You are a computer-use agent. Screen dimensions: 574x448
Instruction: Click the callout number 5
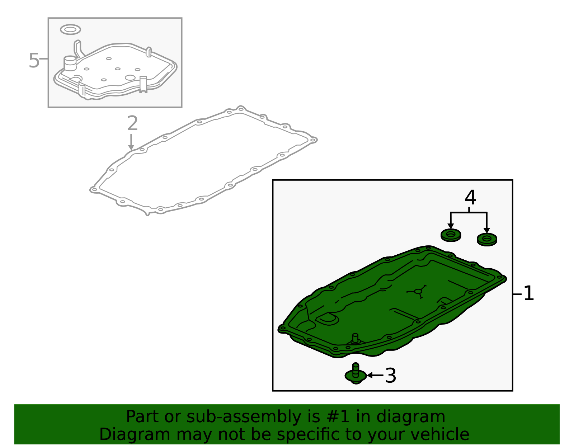pos(34,60)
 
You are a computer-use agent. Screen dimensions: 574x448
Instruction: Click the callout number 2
pos(132,123)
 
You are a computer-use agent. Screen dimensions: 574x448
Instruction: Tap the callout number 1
pos(528,293)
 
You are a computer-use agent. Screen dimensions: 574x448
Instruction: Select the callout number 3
pos(391,376)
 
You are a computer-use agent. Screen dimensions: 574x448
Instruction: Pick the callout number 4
pos(470,198)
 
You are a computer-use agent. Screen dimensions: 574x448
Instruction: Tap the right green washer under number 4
pos(487,240)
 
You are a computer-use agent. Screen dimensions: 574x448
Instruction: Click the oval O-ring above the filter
pos(70,29)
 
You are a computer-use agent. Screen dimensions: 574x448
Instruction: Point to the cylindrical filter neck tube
pos(70,63)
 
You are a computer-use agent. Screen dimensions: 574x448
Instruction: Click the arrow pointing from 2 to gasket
pos(131,142)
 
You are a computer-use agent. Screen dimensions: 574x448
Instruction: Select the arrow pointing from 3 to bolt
pos(375,375)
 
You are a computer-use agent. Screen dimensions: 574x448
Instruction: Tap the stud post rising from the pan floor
pos(355,339)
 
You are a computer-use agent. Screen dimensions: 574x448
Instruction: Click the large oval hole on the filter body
pos(130,77)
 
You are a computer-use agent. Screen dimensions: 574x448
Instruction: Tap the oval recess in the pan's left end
pos(328,320)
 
